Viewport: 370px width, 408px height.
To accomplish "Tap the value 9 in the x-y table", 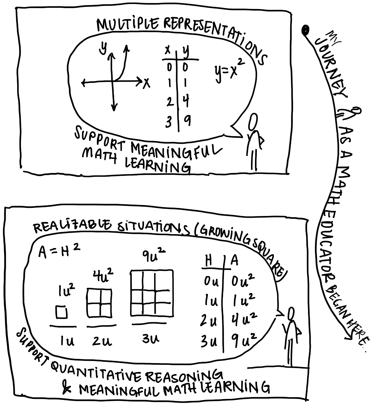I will [187, 121].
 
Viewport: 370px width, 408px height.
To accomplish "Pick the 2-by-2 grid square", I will [99, 303].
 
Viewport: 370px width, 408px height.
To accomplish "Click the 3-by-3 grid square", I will [152, 293].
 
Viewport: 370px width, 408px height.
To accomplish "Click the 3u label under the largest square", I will [151, 339].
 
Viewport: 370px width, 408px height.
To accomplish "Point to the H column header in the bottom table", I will [208, 261].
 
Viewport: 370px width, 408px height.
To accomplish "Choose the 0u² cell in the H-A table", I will [242, 281].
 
